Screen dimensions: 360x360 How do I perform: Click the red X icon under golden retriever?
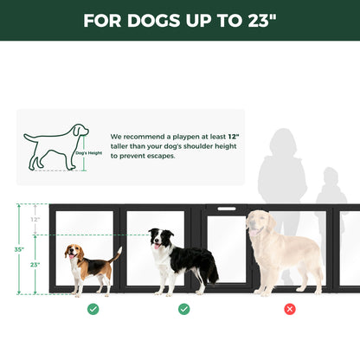pyautogui.click(x=290, y=309)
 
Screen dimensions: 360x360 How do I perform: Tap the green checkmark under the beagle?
pyautogui.click(x=93, y=309)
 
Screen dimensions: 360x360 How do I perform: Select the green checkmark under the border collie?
pyautogui.click(x=184, y=309)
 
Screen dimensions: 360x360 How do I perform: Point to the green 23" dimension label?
pyautogui.click(x=35, y=264)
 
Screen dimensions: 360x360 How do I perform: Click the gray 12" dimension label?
pyautogui.click(x=35, y=220)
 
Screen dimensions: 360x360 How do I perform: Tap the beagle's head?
pyautogui.click(x=74, y=252)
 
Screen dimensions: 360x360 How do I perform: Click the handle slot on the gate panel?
pyautogui.click(x=227, y=209)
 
